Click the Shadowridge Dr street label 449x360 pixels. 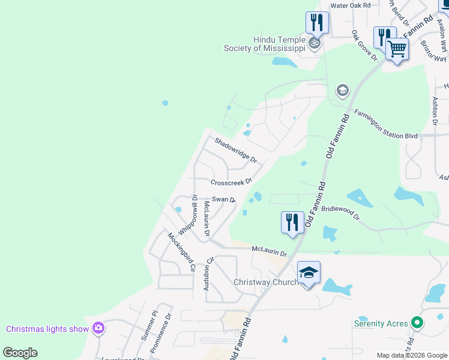(x=236, y=151)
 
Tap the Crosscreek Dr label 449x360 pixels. (x=231, y=182)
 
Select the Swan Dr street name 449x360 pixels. (x=224, y=200)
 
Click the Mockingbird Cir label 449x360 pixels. (x=182, y=254)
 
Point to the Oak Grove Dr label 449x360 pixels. (x=364, y=46)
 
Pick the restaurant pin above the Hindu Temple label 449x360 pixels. (x=316, y=22)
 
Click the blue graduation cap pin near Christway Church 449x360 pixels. (x=309, y=273)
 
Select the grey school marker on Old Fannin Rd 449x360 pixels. (x=342, y=91)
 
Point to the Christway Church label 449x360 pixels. (x=265, y=282)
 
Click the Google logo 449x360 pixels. (x=20, y=353)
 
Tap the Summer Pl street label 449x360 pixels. (x=149, y=325)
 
